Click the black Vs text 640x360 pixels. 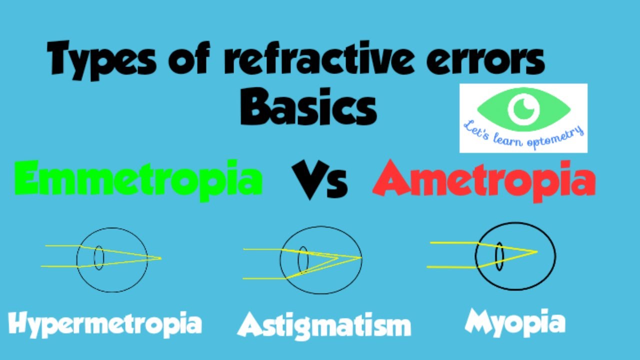point(318,180)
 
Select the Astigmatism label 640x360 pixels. point(324,325)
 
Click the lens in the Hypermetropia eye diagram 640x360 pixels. point(99,258)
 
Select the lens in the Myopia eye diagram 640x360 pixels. point(499,256)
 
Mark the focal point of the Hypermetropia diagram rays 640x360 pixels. point(160,258)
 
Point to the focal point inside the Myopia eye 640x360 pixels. point(536,251)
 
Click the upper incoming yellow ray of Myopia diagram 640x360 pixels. point(452,243)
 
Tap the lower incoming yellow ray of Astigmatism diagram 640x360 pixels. point(262,278)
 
